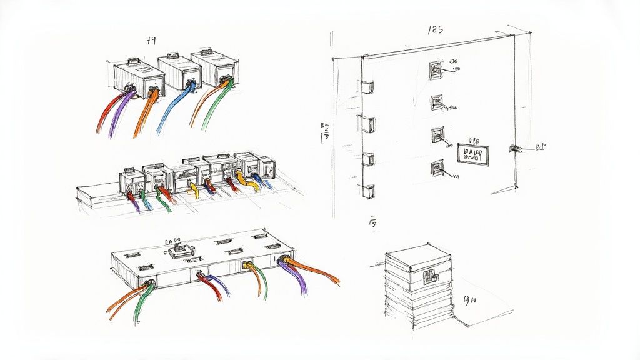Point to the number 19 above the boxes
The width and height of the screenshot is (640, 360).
click(x=150, y=41)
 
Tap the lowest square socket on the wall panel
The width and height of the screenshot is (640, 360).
click(x=436, y=167)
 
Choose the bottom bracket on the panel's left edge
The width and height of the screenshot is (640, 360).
click(x=369, y=191)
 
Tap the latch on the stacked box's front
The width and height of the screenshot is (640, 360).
click(x=431, y=275)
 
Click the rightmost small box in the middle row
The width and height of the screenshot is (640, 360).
click(x=267, y=167)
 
